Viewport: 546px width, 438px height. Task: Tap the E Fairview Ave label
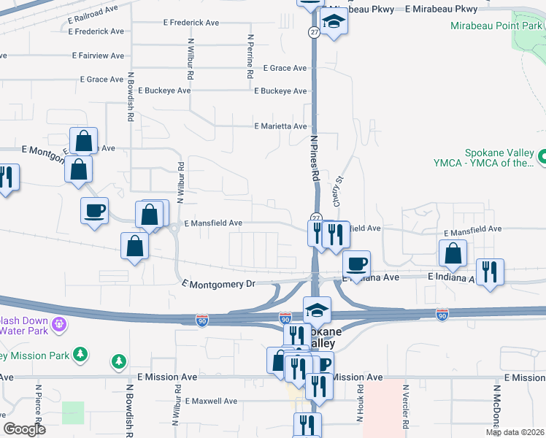tap(99, 55)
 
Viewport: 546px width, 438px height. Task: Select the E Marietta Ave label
tap(280, 126)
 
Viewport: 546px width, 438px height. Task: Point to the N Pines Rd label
tap(315, 158)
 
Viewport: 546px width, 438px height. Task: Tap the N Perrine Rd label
tap(250, 57)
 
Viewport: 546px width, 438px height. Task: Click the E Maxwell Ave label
tap(211, 401)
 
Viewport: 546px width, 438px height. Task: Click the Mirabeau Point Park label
tap(496, 26)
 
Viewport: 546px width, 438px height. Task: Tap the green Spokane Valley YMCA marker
tap(542, 156)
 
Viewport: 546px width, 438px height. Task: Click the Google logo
tap(25, 429)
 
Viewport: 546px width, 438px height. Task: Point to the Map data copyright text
tap(515, 432)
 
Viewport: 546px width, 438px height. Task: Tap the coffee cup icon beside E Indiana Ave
tap(356, 264)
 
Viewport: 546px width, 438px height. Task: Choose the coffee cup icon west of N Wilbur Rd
tap(95, 211)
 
